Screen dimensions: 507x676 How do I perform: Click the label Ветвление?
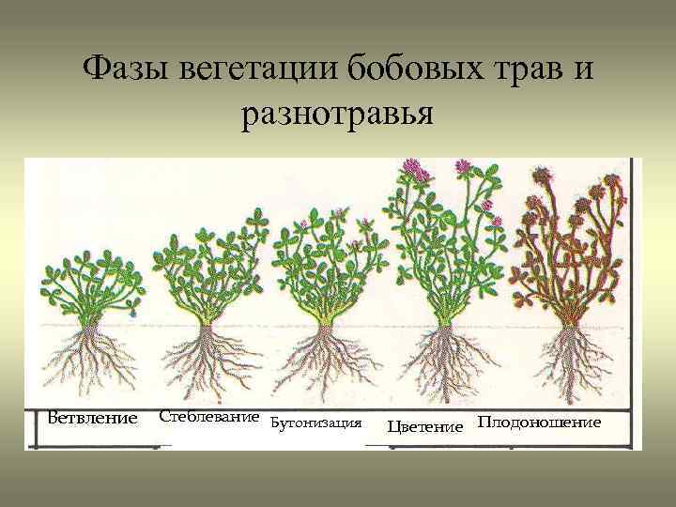(x=92, y=417)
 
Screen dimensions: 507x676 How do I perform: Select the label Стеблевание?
(x=208, y=415)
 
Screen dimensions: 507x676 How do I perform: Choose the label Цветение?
(x=425, y=427)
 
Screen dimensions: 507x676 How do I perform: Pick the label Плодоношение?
(x=539, y=422)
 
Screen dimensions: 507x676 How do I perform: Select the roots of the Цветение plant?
(x=441, y=361)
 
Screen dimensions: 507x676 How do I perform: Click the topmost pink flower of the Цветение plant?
(x=411, y=168)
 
